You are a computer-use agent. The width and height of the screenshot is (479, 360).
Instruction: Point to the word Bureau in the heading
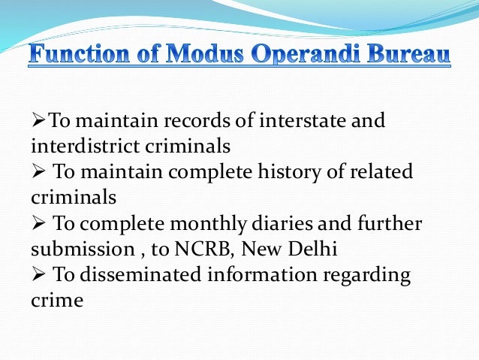tap(410, 56)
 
